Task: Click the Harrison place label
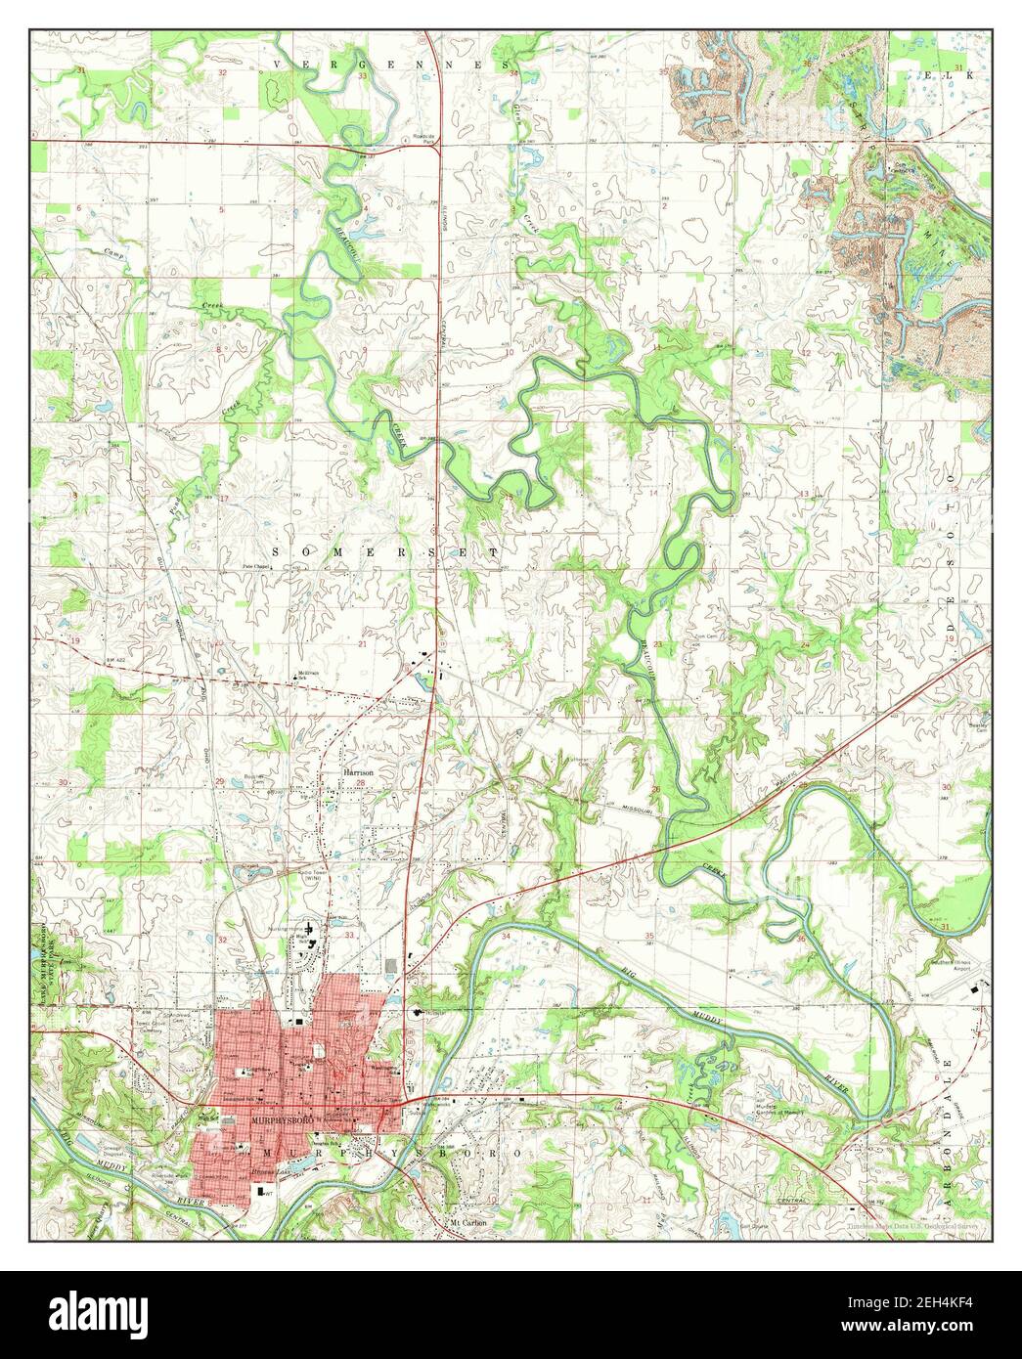(360, 771)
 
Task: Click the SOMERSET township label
(384, 552)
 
